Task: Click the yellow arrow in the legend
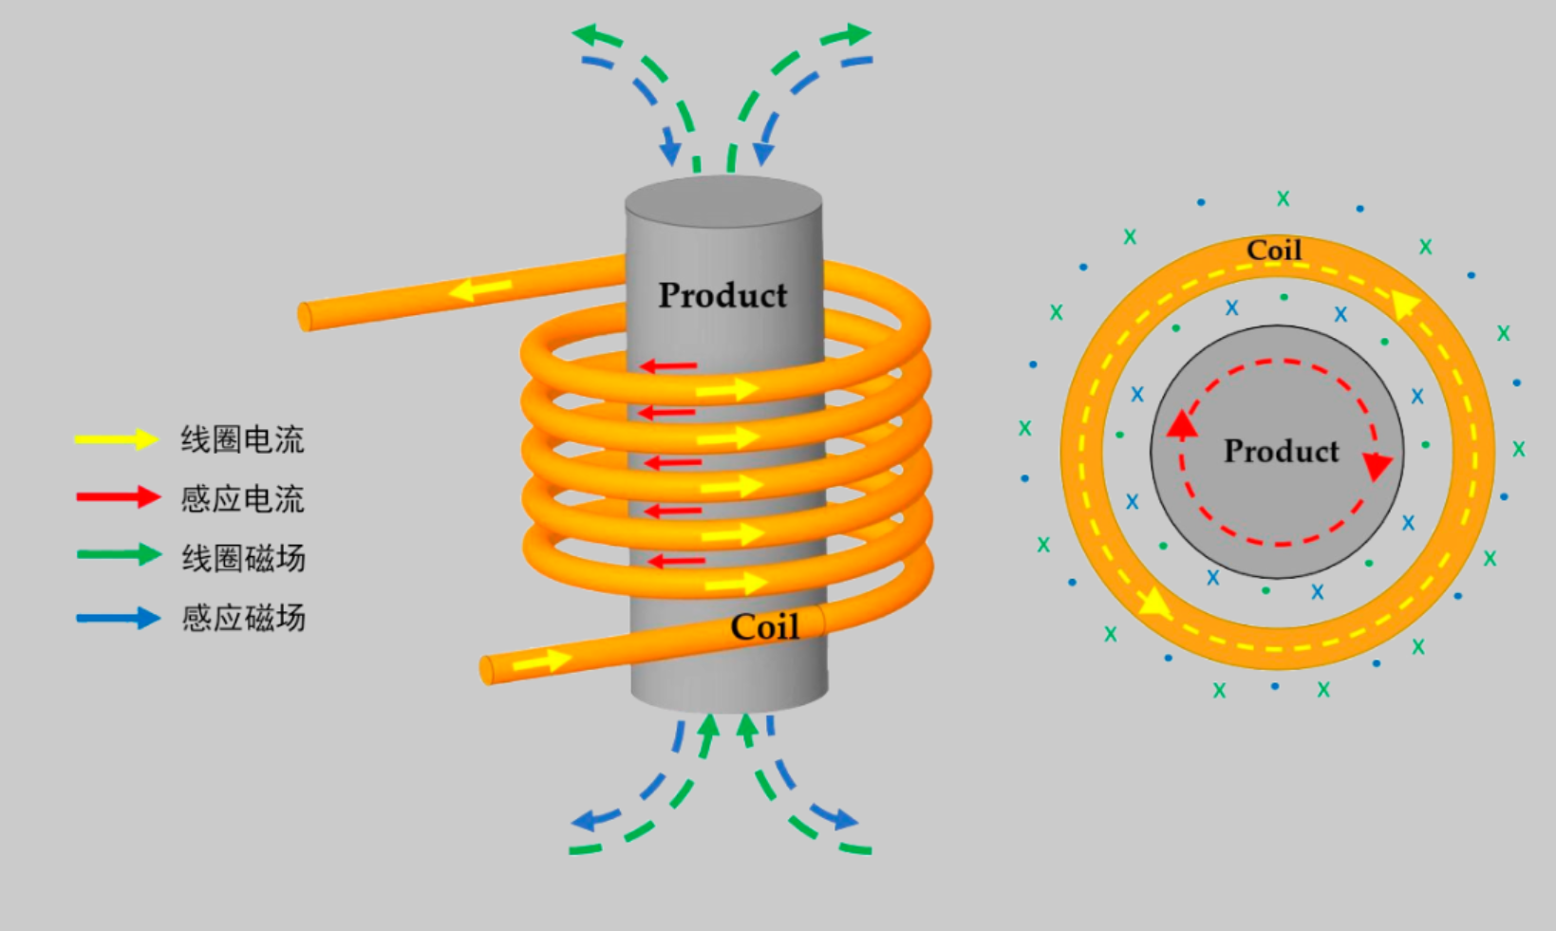[x=117, y=439]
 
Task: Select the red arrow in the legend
[x=118, y=497]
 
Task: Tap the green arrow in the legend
[x=119, y=555]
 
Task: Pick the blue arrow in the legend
[x=118, y=618]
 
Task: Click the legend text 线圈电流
[x=242, y=439]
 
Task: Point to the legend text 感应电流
[x=242, y=498]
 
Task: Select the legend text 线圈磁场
[x=243, y=558]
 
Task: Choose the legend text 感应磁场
[x=243, y=618]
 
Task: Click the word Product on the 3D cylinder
[x=722, y=295]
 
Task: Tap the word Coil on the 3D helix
[x=765, y=627]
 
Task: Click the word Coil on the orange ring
[x=1274, y=250]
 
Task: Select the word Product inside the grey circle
[x=1281, y=451]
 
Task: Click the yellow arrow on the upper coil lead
[x=480, y=289]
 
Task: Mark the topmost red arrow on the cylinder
[x=667, y=365]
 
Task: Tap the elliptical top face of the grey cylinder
[x=723, y=201]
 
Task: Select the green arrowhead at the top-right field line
[x=853, y=34]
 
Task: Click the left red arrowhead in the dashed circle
[x=1182, y=424]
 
